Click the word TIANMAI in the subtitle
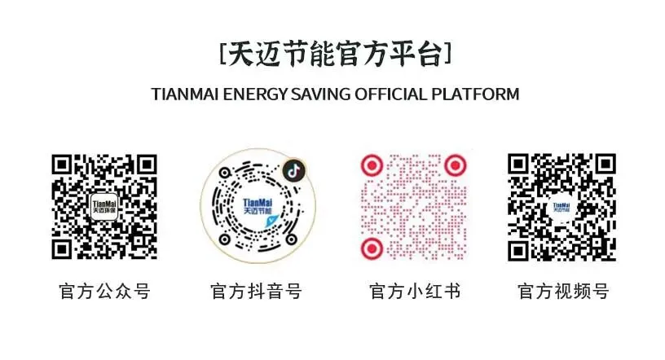click(x=187, y=94)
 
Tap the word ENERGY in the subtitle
click(x=256, y=94)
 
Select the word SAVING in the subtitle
click(x=320, y=94)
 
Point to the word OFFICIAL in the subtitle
click(x=387, y=94)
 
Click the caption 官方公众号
click(x=105, y=292)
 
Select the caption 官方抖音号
click(x=256, y=292)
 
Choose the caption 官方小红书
click(x=415, y=292)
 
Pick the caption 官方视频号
click(x=563, y=292)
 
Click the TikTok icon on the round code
click(x=293, y=170)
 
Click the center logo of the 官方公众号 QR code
click(x=105, y=207)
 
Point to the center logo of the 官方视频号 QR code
click(x=562, y=208)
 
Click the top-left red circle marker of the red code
click(x=372, y=165)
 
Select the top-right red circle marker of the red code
click(x=456, y=165)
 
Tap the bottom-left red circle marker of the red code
click(x=372, y=248)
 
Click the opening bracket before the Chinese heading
click(x=222, y=55)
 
